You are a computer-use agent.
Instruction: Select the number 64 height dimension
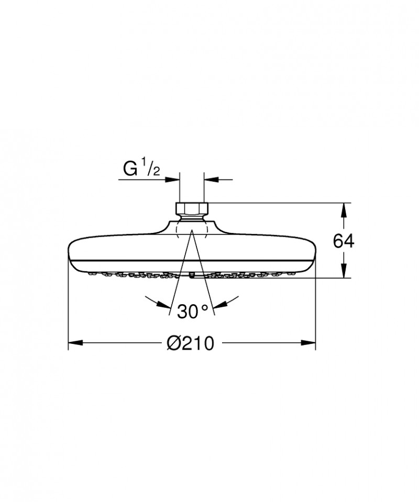344,241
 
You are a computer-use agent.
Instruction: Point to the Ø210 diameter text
191,343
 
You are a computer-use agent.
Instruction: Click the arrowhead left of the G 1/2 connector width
173,180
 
